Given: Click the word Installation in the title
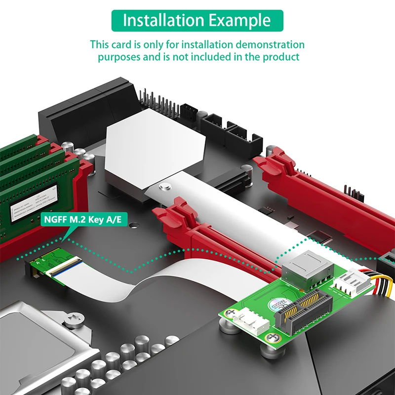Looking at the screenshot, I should click(157, 21).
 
